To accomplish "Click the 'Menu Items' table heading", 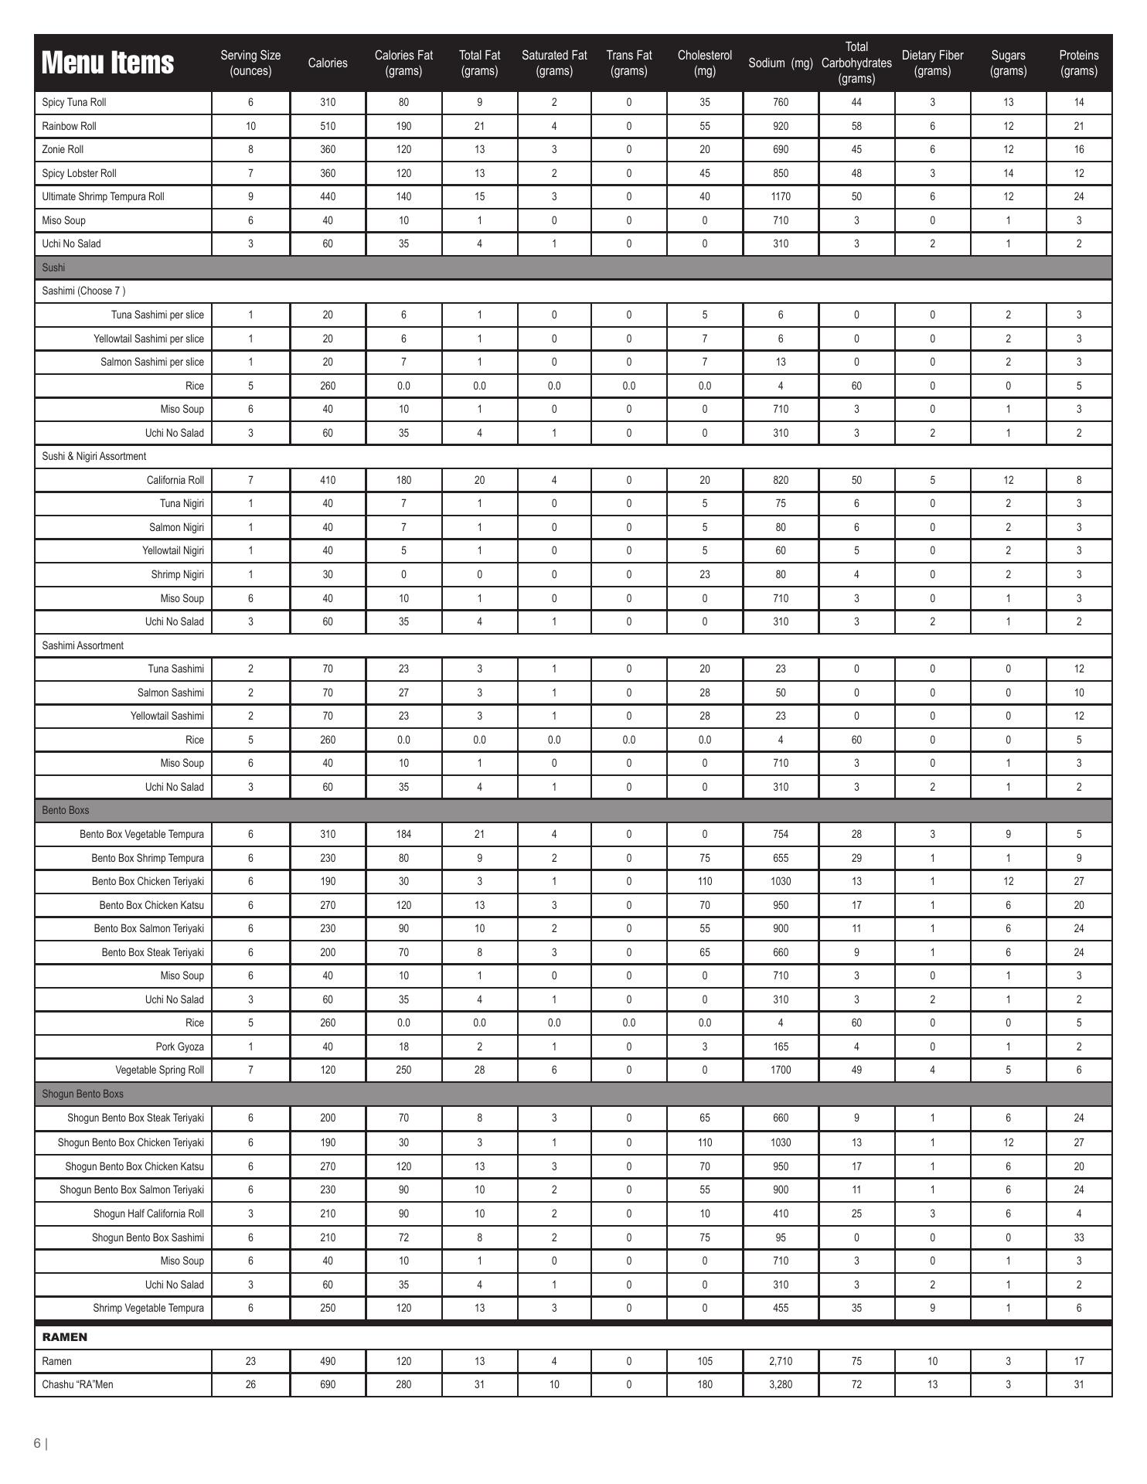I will point(107,63).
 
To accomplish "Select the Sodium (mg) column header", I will point(781,63).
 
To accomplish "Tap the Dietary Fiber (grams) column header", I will point(932,63).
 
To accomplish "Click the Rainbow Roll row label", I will point(69,126).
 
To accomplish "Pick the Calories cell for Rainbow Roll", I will point(328,126).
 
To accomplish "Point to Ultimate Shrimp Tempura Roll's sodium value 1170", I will point(781,196).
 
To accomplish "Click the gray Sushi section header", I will point(53,267).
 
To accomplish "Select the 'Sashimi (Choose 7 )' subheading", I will point(83,291).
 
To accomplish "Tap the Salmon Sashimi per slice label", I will point(152,362).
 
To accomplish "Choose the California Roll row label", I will point(175,480).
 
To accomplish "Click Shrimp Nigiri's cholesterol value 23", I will point(704,574).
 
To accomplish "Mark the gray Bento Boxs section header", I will point(66,810).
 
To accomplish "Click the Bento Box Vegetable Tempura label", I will point(141,834).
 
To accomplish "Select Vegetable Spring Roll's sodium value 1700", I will point(781,1070).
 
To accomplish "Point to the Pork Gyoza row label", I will point(180,1047).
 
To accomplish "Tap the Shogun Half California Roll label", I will point(148,1213).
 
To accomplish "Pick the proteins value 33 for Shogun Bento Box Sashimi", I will point(1078,1237).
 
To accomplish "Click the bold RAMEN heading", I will point(64,1336).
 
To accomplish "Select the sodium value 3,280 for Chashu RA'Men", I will point(781,1384).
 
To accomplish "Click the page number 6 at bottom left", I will point(37,1443).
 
